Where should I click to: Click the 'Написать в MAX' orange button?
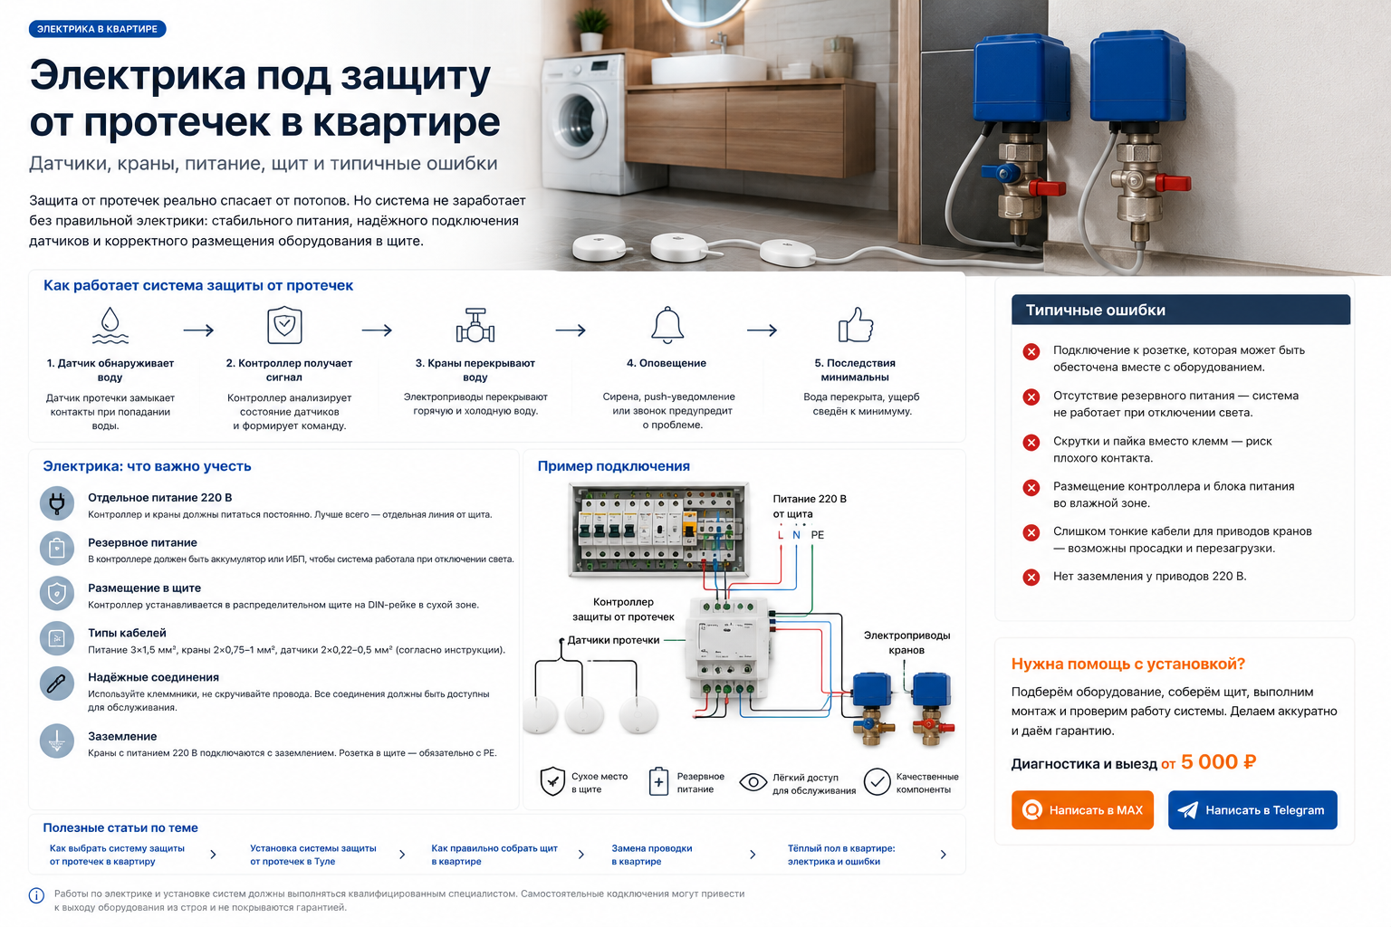(1082, 809)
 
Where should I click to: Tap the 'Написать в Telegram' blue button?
(1252, 809)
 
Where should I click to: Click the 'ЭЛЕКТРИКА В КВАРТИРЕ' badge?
(98, 29)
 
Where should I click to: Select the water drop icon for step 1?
(110, 325)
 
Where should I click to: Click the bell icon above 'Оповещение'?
(667, 325)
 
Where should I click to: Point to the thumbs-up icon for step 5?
(856, 325)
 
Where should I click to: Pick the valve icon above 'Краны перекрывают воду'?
(475, 325)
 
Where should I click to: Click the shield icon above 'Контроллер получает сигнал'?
(284, 325)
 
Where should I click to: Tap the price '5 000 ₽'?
(1218, 761)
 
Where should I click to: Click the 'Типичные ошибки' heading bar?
(1181, 310)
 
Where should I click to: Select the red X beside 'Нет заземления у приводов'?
(1031, 577)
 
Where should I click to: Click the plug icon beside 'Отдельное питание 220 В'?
(56, 503)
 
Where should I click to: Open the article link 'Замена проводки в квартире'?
(651, 855)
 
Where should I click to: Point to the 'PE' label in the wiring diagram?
(817, 535)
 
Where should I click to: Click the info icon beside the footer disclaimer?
(36, 895)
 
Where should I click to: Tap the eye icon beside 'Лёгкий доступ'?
(753, 782)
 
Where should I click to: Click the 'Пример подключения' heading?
(613, 465)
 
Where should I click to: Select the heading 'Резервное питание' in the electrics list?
(142, 542)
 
